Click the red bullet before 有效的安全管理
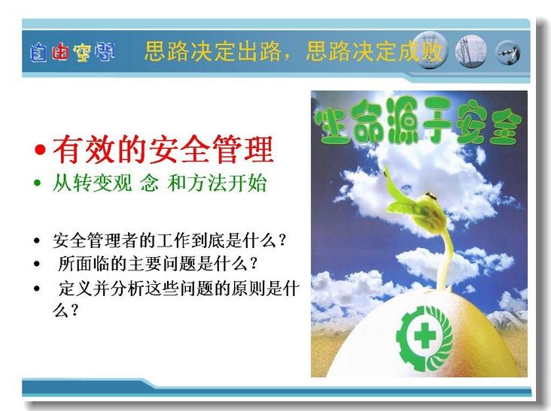(41, 150)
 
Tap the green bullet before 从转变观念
(37, 183)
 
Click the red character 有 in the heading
(68, 150)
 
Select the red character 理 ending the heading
(258, 150)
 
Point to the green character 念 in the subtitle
(149, 183)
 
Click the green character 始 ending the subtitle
(257, 183)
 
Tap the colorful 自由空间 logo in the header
(72, 53)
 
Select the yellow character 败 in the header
(431, 51)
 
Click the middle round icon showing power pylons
(470, 51)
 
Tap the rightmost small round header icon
(507, 53)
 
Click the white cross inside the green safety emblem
(425, 336)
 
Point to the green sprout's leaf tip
(385, 171)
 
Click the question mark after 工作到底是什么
(281, 240)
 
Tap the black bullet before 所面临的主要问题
(37, 264)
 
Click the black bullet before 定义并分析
(37, 289)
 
